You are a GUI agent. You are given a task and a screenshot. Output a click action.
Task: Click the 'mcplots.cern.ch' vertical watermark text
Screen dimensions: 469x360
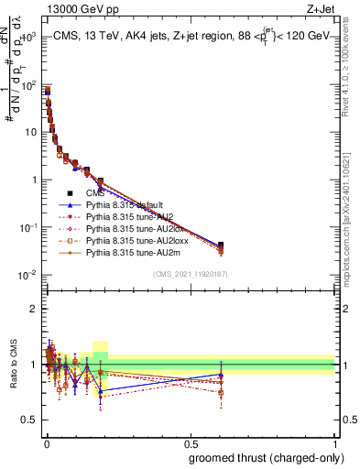[350, 256]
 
